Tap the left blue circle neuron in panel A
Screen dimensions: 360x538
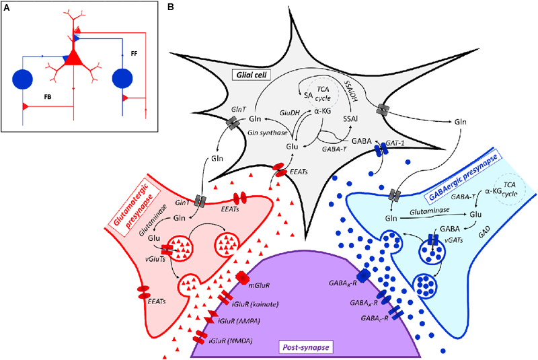tap(27, 78)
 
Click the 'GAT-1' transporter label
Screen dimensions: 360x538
tap(396, 144)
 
